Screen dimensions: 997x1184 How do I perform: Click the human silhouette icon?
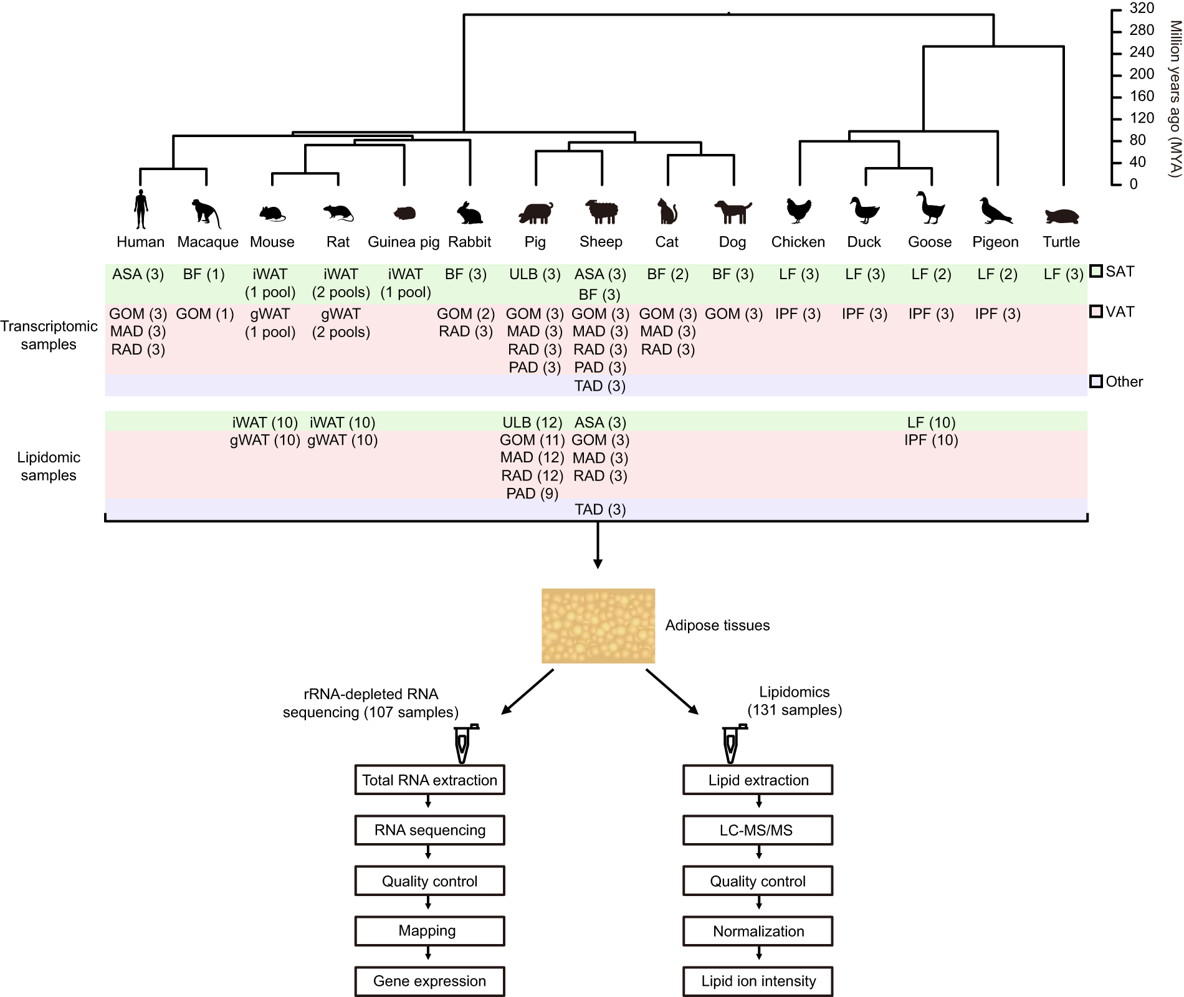[141, 210]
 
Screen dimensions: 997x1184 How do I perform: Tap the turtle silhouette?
[1061, 216]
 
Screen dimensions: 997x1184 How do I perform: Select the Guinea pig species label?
[403, 242]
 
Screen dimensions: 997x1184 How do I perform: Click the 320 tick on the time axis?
[1141, 8]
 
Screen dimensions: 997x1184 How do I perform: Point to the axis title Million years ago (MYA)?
[1174, 98]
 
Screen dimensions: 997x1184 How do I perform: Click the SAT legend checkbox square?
[1096, 271]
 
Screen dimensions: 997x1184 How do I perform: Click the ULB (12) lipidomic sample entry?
[532, 422]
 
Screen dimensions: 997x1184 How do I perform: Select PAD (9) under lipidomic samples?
[532, 494]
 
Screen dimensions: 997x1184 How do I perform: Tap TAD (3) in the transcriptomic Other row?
[599, 386]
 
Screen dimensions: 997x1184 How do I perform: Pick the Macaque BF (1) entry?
[204, 274]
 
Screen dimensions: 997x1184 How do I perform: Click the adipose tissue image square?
[598, 626]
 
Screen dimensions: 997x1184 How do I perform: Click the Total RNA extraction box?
[429, 780]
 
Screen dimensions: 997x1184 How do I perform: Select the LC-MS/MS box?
[757, 830]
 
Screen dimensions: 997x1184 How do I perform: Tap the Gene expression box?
[429, 981]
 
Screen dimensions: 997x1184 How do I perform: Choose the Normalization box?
[757, 931]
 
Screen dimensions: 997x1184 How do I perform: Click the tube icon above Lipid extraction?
[732, 744]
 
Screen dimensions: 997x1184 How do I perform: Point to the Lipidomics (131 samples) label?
[794, 701]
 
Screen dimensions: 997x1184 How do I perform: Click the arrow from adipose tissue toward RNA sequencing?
[527, 692]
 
